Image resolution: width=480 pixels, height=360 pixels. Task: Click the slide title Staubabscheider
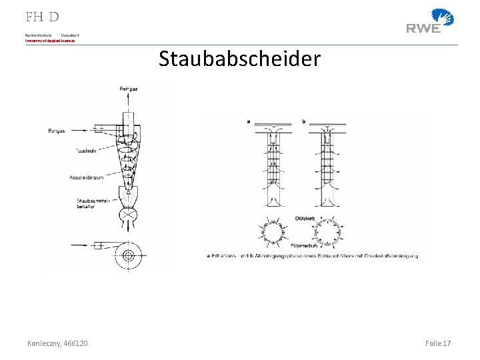point(239,59)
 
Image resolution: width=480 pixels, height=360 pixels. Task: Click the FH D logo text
point(43,16)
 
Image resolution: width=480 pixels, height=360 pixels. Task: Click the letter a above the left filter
point(248,121)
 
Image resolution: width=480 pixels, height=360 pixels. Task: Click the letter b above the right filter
point(303,121)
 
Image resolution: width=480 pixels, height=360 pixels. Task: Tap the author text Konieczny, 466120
point(58,343)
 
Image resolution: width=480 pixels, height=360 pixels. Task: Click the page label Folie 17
point(438,343)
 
